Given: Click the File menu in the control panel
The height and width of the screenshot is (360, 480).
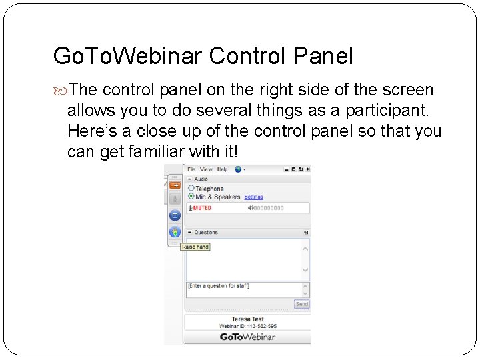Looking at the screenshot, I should coord(191,169).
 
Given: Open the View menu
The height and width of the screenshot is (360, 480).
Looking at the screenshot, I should coord(207,169).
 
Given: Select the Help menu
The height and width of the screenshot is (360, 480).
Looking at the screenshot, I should coord(223,169).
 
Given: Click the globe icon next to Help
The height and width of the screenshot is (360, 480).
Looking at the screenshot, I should coord(238,169).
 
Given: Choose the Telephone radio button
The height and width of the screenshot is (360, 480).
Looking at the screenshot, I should coord(191,189).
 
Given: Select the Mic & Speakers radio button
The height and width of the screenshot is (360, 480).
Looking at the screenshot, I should coord(191,197).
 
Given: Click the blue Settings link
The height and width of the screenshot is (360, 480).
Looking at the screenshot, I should coord(253,197).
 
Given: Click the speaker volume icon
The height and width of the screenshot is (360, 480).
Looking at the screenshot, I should coord(251,208).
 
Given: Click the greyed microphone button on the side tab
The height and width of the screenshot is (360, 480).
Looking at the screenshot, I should coord(175,199).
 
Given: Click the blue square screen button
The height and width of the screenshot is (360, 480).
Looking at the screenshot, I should coord(175,215).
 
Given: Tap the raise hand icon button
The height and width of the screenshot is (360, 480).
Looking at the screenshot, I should coord(175,233).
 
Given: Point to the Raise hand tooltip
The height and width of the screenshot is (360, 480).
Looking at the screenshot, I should coord(195,247).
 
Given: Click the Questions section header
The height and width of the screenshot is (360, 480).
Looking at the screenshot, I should coord(206,233).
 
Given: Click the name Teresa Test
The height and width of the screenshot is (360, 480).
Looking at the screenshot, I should coord(247,319).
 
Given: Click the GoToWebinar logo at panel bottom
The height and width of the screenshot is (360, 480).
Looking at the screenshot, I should coord(247,337).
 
